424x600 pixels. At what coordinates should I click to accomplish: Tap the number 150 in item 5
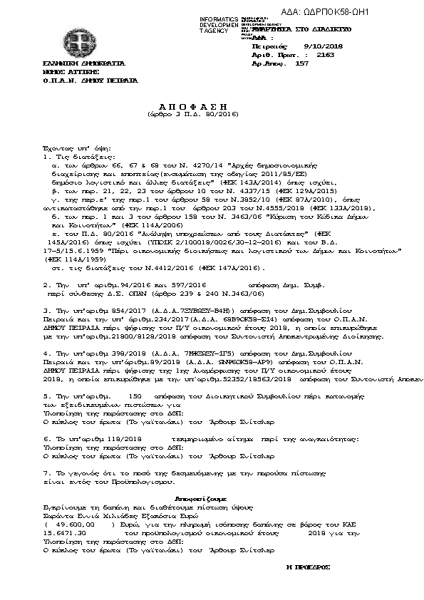point(132,394)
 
